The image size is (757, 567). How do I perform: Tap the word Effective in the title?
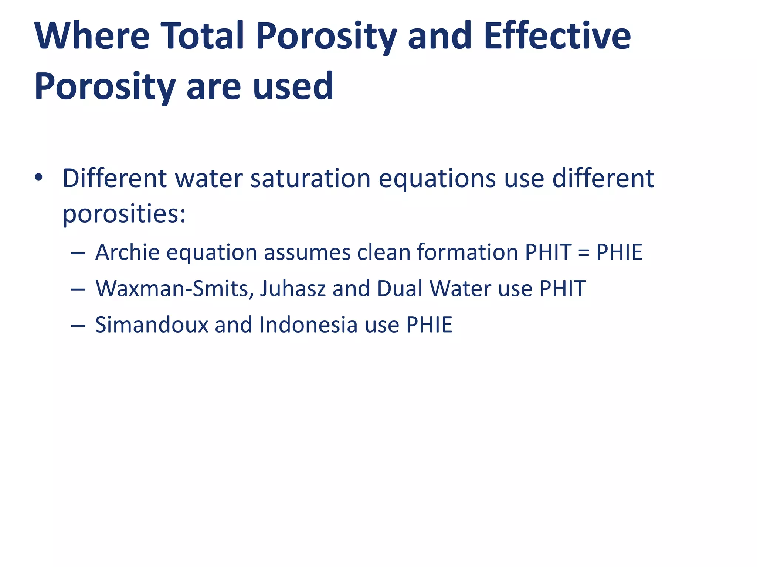click(557, 36)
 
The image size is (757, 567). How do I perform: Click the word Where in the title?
click(92, 36)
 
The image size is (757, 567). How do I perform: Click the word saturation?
click(310, 178)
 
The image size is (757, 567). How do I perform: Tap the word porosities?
click(124, 214)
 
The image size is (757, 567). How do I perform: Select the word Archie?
click(128, 252)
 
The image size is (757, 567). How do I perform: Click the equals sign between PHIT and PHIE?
click(584, 253)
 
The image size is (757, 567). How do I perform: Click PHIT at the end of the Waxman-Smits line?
click(562, 288)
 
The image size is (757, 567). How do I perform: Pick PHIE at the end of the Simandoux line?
click(429, 325)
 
